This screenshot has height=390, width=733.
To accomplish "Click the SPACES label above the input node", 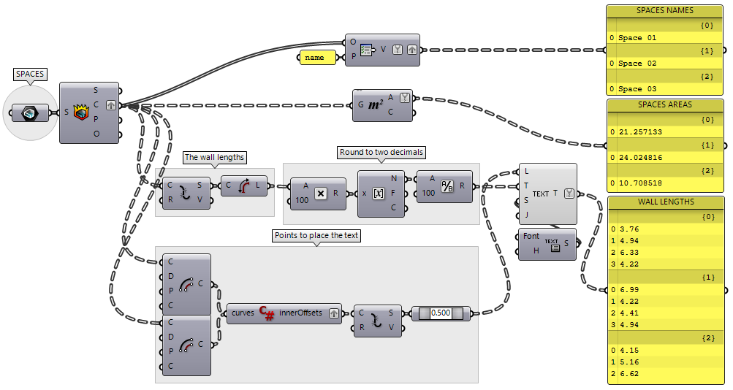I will tap(30, 74).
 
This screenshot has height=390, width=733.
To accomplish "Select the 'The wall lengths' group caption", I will tap(215, 157).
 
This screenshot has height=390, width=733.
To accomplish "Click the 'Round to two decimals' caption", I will tap(381, 153).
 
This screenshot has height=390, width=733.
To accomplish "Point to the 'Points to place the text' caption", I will tap(316, 236).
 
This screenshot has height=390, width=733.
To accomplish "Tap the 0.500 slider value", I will tap(441, 313).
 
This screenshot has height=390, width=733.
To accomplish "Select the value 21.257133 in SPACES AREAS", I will tap(640, 131).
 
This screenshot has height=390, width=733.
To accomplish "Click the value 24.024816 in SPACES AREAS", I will tap(640, 157).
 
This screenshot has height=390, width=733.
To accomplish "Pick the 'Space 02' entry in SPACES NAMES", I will tap(637, 64).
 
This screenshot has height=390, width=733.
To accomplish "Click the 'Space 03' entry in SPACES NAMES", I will tap(637, 88).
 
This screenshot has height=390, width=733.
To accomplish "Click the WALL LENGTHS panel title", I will tap(666, 202).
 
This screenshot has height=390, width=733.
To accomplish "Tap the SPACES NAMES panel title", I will tap(665, 11).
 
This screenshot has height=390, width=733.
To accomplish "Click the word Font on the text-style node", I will tap(532, 236).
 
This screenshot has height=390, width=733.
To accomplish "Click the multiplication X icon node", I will tap(320, 194).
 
